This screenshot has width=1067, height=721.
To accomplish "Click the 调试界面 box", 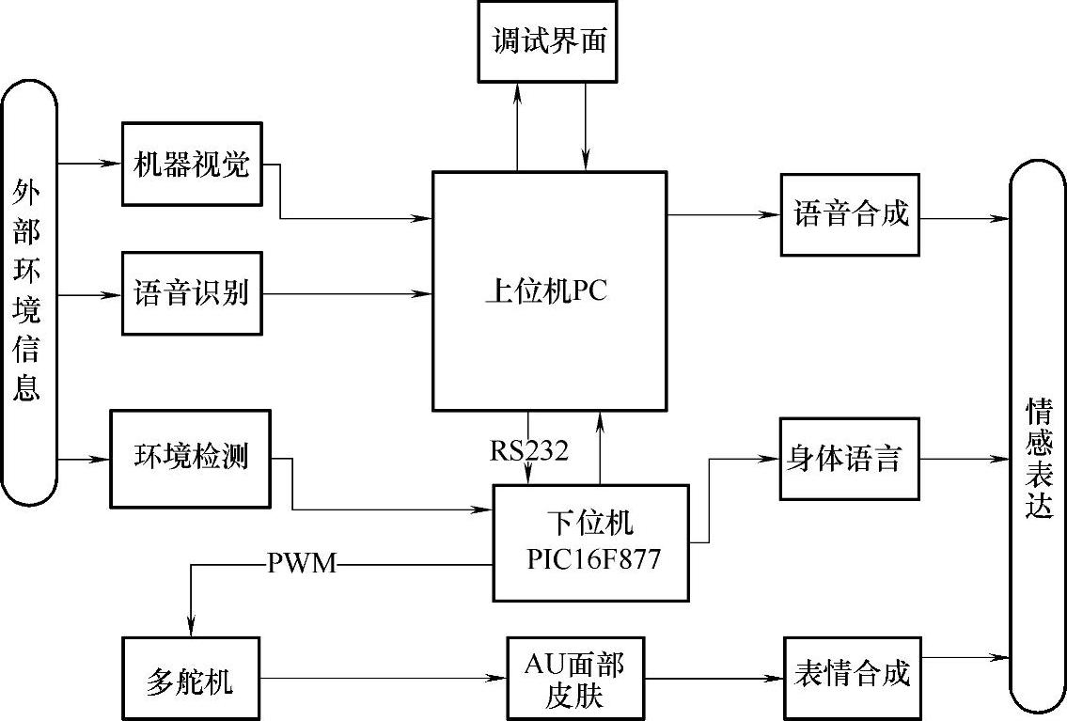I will pos(548,41).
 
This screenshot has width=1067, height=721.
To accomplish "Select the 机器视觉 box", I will pos(192,165).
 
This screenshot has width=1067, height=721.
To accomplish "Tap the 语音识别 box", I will pos(192,293).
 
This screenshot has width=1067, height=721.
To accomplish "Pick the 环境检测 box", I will pos(190,458).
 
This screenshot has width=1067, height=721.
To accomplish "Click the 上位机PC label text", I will pos(546,290).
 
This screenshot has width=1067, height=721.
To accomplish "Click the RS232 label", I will pos(528,451).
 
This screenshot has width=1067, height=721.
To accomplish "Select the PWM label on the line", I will pos(301,565).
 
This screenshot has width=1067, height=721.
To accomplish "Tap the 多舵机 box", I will pos(190,680).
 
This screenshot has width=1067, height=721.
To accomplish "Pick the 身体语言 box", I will pos(849,459).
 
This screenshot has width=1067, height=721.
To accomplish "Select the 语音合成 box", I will pos(850,214).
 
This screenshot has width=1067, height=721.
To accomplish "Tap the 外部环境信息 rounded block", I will pos(28,291).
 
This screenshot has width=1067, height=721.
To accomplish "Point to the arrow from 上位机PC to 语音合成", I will pos(724,215).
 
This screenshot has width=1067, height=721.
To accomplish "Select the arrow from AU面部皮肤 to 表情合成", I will pos(714,676).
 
